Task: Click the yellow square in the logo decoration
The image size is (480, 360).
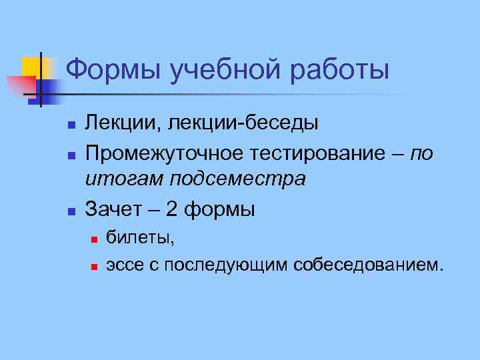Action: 35,67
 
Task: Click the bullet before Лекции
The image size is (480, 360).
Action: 69,125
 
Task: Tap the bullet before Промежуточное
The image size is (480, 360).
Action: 69,155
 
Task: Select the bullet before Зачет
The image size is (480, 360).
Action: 69,211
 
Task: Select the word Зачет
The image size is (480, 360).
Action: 112,209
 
